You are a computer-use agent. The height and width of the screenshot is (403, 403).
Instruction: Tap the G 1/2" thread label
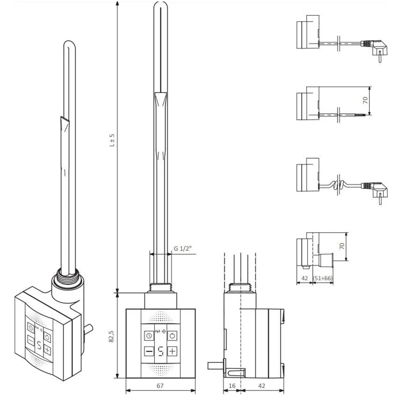pyautogui.click(x=183, y=248)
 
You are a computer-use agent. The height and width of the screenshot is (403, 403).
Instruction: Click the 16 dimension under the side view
pyautogui.click(x=232, y=386)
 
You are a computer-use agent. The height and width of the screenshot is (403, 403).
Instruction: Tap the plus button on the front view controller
pyautogui.click(x=172, y=351)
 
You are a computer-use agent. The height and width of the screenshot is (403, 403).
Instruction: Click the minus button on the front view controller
pyautogui.click(x=148, y=351)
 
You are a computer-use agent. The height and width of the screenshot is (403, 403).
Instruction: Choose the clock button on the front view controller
pyautogui.click(x=148, y=335)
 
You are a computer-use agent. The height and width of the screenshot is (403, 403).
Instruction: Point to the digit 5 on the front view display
pyautogui.click(x=160, y=351)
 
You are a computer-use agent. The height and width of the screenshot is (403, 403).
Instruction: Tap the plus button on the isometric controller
pyautogui.click(x=47, y=349)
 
